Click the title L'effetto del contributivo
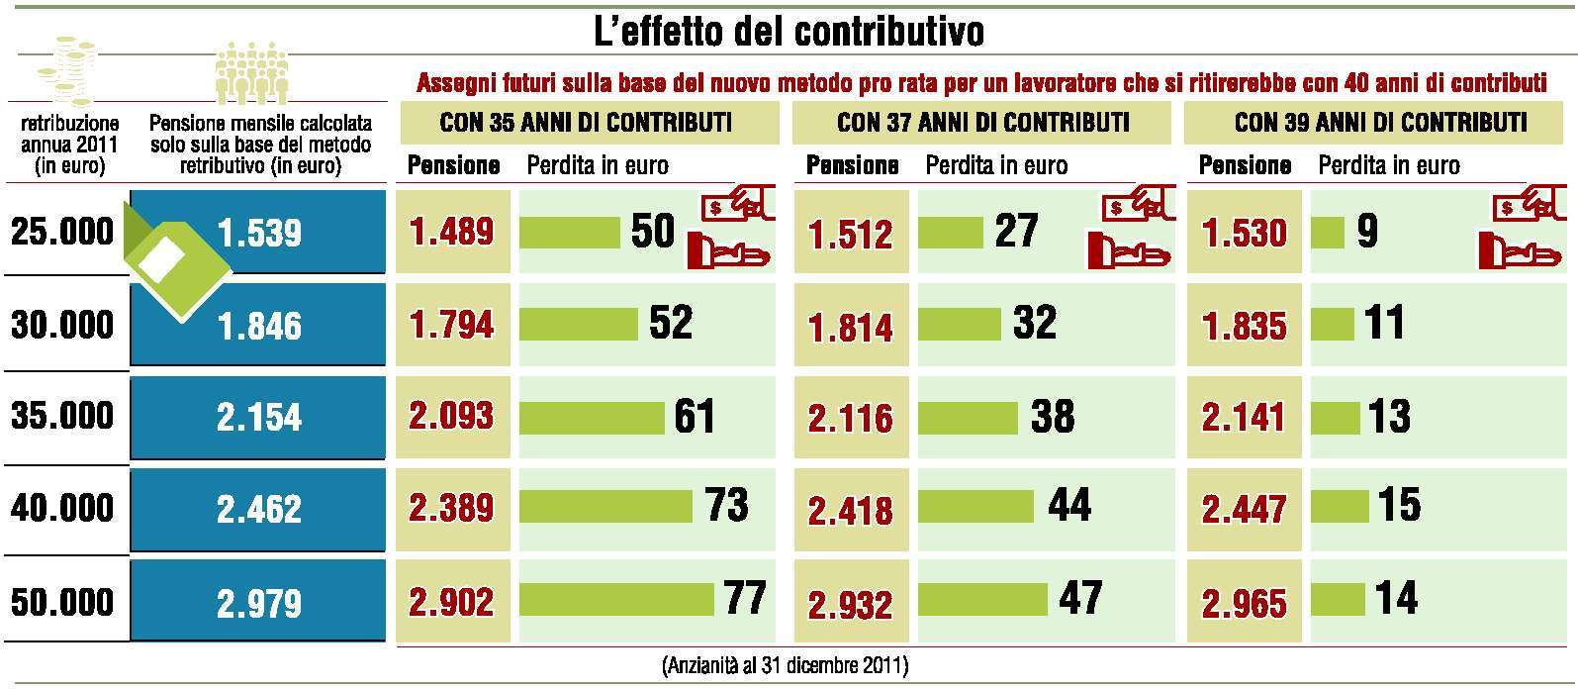pyautogui.click(x=789, y=32)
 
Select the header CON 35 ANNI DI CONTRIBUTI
pyautogui.click(x=586, y=123)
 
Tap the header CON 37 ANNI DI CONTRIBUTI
pyautogui.click(x=982, y=123)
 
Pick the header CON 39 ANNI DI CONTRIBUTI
pyautogui.click(x=1380, y=123)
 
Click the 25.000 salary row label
pyautogui.click(x=62, y=232)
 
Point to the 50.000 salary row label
pyautogui.click(x=62, y=602)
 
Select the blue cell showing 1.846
pyautogui.click(x=259, y=326)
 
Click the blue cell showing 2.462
pyautogui.click(x=259, y=509)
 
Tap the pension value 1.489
pyautogui.click(x=451, y=232)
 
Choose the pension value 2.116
pyautogui.click(x=850, y=418)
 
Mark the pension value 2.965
pyautogui.click(x=1245, y=603)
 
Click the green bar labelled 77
pyautogui.click(x=615, y=599)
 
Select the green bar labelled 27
pyautogui.click(x=950, y=233)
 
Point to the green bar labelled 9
pyautogui.click(x=1327, y=233)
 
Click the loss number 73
pyautogui.click(x=727, y=505)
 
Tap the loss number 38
pyautogui.click(x=1053, y=416)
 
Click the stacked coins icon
pyautogui.click(x=66, y=71)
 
